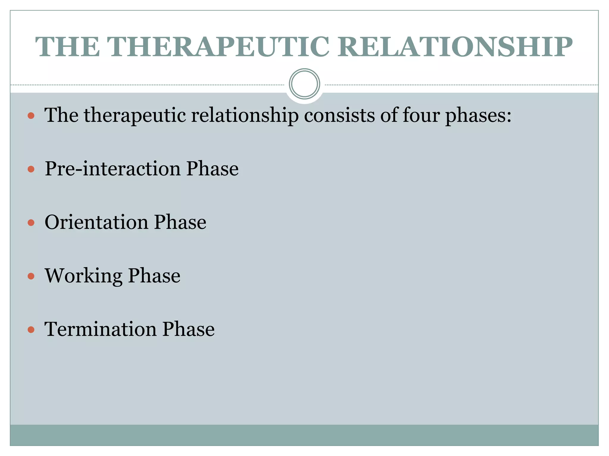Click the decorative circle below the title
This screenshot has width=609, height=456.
(x=304, y=84)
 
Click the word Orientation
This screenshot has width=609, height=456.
(x=96, y=222)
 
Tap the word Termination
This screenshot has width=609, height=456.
(x=100, y=329)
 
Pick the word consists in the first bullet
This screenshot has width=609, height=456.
(x=339, y=115)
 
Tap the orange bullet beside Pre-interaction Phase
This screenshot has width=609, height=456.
(x=31, y=169)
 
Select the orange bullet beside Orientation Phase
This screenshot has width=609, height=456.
(x=31, y=223)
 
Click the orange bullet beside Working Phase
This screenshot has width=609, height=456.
(x=31, y=276)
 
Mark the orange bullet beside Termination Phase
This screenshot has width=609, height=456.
(x=31, y=330)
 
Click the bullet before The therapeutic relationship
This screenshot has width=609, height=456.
(x=31, y=115)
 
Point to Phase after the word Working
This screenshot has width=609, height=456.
(x=154, y=276)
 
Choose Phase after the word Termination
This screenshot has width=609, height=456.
(x=188, y=329)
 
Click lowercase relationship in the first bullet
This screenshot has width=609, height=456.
(x=245, y=115)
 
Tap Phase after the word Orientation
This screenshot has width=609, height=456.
(x=180, y=222)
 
